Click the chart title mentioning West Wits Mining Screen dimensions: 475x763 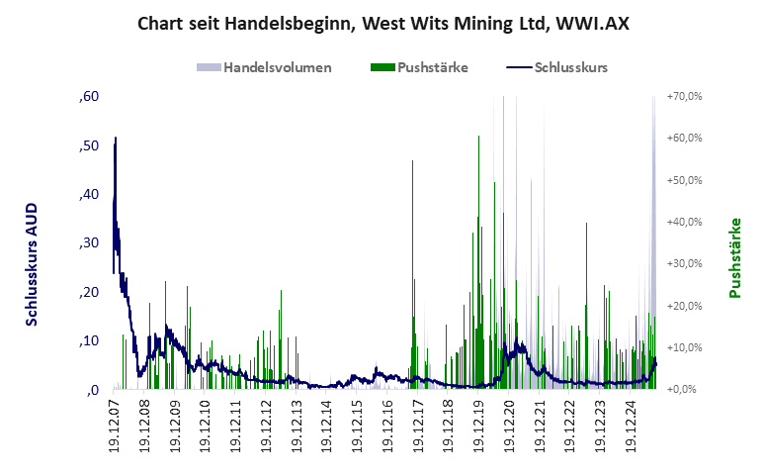click(x=381, y=23)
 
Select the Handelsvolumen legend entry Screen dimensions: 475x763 click(x=264, y=67)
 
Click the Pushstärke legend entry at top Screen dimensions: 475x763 click(x=418, y=67)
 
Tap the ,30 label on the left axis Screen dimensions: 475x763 click(x=89, y=243)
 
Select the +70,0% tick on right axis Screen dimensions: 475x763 click(x=684, y=97)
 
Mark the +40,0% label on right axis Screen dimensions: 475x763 click(x=684, y=223)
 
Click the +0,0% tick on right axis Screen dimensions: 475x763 click(x=686, y=390)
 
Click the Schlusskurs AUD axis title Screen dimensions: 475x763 click(x=33, y=256)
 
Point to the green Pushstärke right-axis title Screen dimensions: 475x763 click(x=734, y=258)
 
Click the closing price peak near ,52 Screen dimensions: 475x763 click(x=116, y=139)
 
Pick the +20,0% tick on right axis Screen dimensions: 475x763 click(x=684, y=306)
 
